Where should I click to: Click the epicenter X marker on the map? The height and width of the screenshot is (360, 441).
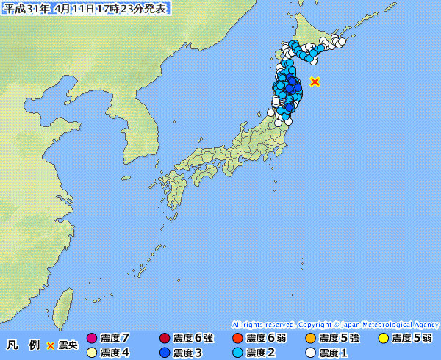(315, 82)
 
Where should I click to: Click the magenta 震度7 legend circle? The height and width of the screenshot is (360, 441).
(92, 339)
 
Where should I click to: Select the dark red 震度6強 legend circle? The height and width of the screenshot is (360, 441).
(164, 339)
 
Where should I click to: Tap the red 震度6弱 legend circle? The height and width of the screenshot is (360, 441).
(237, 339)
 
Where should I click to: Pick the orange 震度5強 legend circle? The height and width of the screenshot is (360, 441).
(310, 339)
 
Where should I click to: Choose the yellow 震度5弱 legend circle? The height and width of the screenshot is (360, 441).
(383, 339)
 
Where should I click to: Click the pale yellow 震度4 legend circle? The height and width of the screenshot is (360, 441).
(92, 353)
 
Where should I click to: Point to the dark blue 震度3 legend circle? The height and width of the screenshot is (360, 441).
(164, 353)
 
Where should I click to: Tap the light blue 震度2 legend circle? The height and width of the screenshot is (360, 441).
(237, 353)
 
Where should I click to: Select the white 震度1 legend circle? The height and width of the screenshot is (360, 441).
(310, 353)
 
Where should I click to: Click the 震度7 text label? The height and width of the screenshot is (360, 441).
(115, 339)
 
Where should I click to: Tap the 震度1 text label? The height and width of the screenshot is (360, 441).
(334, 353)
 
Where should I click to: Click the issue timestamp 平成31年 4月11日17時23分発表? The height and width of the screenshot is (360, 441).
(85, 8)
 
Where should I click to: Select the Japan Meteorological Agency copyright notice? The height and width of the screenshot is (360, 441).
(335, 324)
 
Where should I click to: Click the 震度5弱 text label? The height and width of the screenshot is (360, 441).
(412, 339)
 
